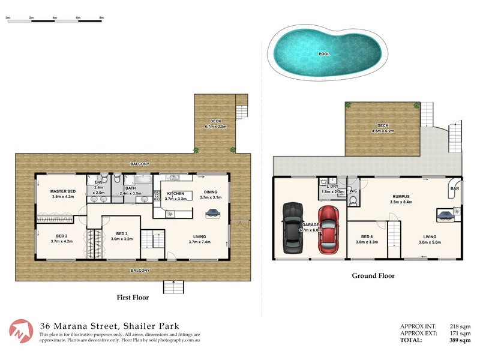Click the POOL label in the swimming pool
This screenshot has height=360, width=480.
pyautogui.click(x=324, y=54)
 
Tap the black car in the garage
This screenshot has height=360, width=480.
pyautogui.click(x=292, y=228)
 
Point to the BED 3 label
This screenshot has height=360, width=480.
pyautogui.click(x=122, y=233)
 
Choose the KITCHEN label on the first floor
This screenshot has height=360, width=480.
pyautogui.click(x=176, y=193)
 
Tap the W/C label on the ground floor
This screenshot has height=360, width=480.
pyautogui.click(x=353, y=192)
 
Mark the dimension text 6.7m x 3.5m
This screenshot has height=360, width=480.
pyautogui.click(x=215, y=127)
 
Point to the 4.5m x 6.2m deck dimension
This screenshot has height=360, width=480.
pyautogui.click(x=383, y=131)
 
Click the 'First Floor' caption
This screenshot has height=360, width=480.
pyautogui.click(x=132, y=297)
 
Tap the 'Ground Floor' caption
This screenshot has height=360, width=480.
pyautogui.click(x=373, y=276)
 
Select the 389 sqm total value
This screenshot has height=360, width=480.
pyautogui.click(x=459, y=340)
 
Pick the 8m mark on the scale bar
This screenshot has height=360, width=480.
pyautogui.click(x=102, y=18)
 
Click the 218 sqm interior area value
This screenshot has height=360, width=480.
pyautogui.click(x=459, y=326)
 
